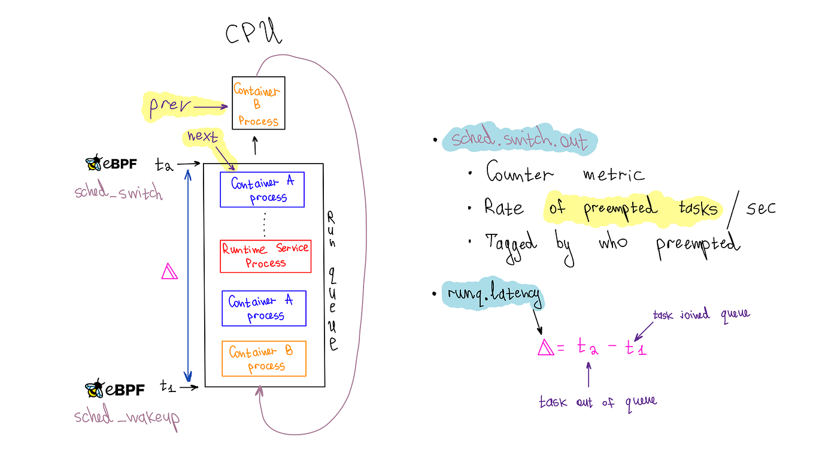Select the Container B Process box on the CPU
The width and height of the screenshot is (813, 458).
pyautogui.click(x=259, y=104)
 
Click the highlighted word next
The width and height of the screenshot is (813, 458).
pyautogui.click(x=203, y=137)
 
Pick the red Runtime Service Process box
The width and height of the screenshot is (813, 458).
pyautogui.click(x=266, y=256)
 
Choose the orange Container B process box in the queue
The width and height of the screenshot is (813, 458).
pyautogui.click(x=264, y=358)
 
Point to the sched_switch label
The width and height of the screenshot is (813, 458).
pyautogui.click(x=119, y=193)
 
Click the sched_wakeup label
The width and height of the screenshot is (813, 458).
pyautogui.click(x=127, y=416)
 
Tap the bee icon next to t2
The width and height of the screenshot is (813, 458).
pyautogui.click(x=93, y=163)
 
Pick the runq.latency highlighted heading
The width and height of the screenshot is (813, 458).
pyautogui.click(x=494, y=294)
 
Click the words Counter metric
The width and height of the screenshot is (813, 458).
pyautogui.click(x=565, y=174)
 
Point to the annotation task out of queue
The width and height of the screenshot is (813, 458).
pyautogui.click(x=597, y=402)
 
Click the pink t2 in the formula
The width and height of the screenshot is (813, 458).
pyautogui.click(x=587, y=347)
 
